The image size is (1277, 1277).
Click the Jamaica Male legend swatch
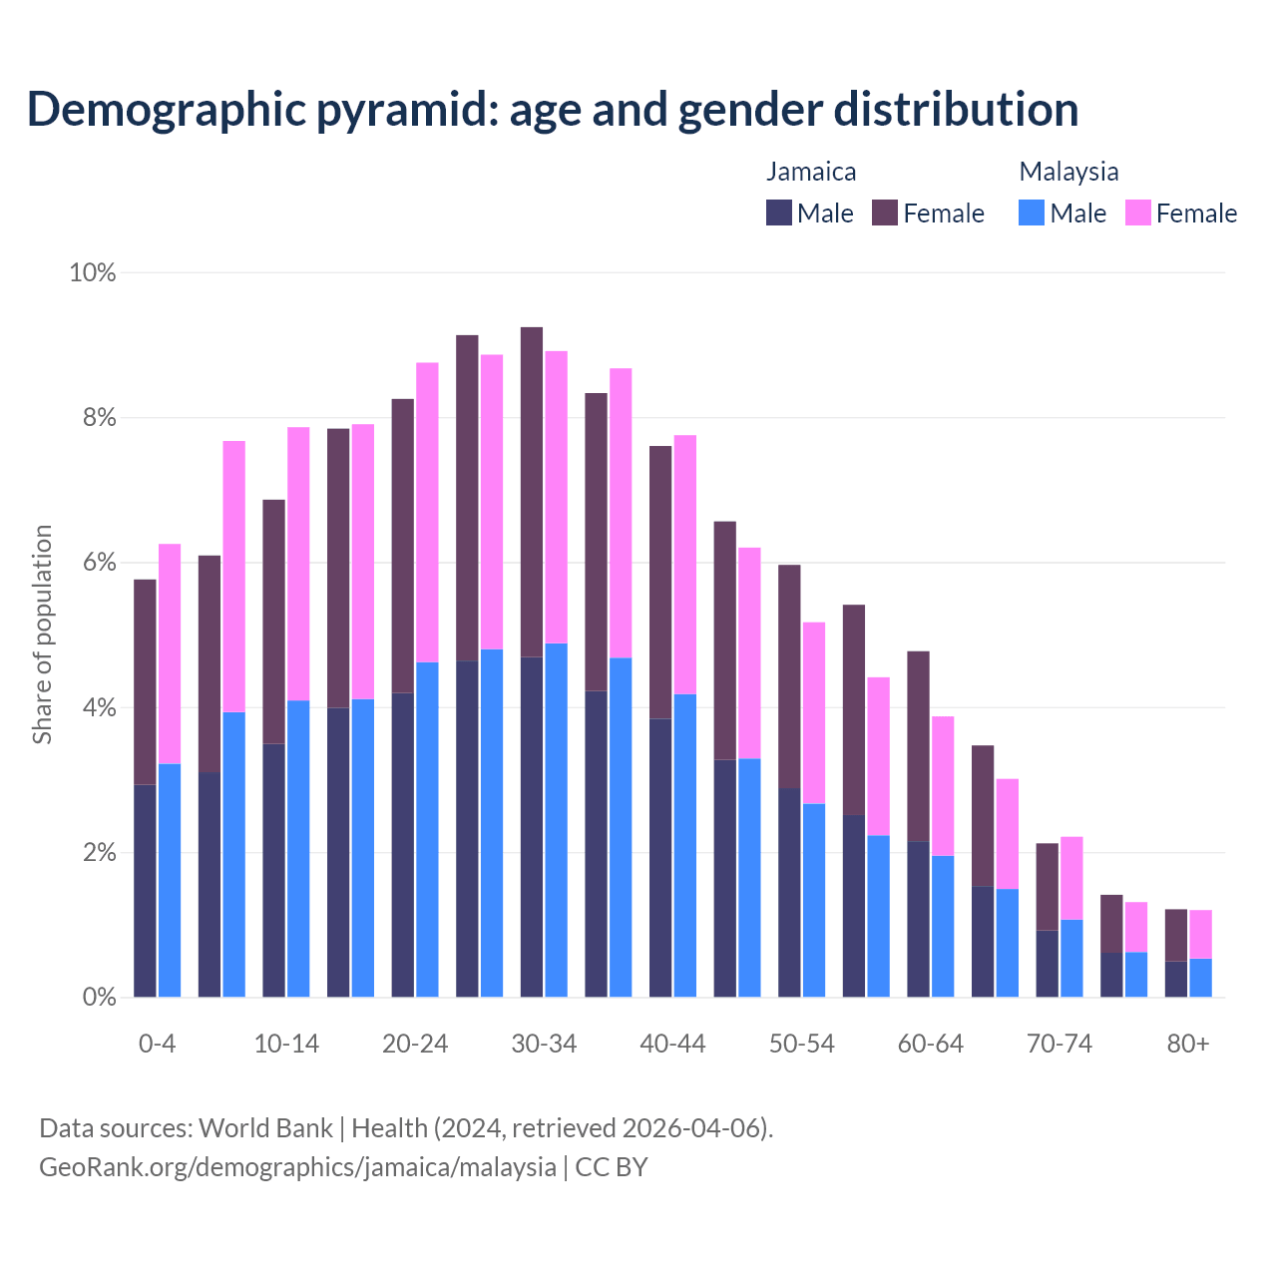click(x=779, y=213)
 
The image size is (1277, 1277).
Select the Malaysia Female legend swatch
click(x=1138, y=213)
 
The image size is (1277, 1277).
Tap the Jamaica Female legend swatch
click(x=885, y=213)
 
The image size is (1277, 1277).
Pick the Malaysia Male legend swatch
click(x=1032, y=213)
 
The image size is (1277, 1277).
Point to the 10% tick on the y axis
click(x=93, y=272)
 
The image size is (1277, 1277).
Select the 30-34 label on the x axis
click(x=544, y=1045)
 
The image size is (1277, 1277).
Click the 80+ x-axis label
click(x=1188, y=1045)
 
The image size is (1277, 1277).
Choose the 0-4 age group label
click(x=158, y=1045)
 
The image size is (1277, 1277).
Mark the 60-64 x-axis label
click(x=931, y=1045)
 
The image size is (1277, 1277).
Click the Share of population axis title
click(x=42, y=635)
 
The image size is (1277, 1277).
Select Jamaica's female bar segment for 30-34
click(x=532, y=492)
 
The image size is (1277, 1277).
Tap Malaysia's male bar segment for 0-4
click(x=170, y=880)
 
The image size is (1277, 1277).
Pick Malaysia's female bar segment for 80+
click(x=1200, y=934)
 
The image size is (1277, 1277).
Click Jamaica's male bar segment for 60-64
click(x=918, y=919)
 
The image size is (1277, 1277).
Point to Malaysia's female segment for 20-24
click(x=427, y=512)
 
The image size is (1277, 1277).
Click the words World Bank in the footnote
click(x=265, y=1128)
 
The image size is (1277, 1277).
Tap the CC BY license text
click(x=612, y=1167)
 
